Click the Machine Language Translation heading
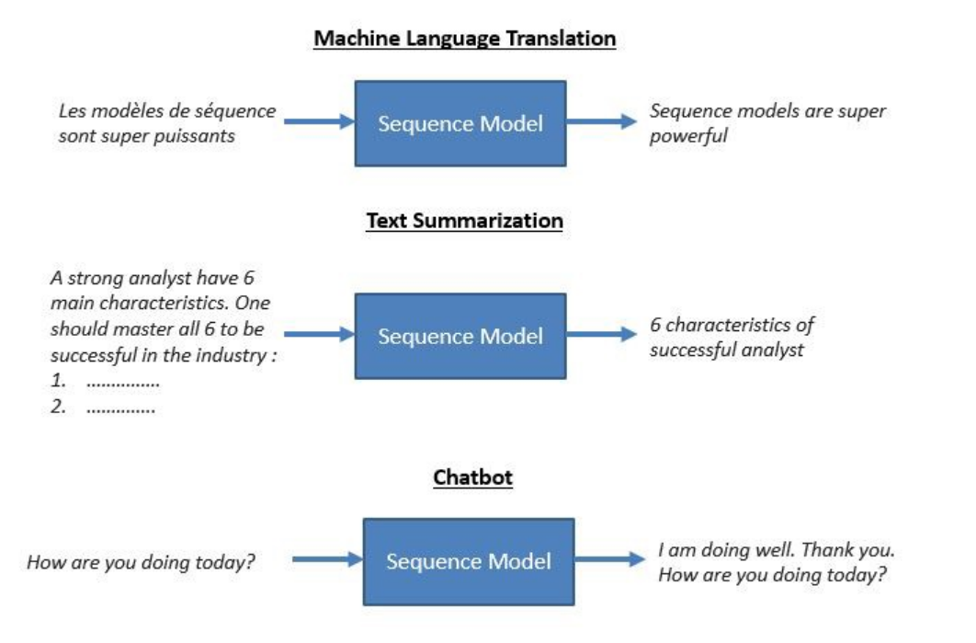click(464, 39)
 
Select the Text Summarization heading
click(464, 222)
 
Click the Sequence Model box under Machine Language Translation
click(460, 123)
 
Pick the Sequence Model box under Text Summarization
click(460, 336)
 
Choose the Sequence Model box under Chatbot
click(469, 561)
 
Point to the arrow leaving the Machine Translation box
click(601, 121)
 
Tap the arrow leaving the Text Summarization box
click(601, 334)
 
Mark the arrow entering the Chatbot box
click(327, 558)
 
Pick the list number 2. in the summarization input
click(58, 408)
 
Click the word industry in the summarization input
click(237, 355)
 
